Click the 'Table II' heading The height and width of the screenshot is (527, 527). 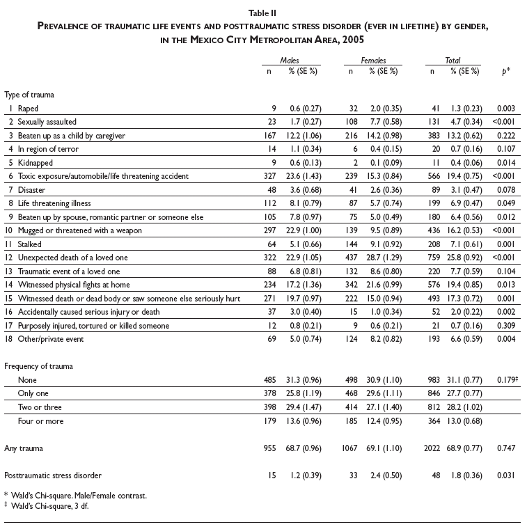264,12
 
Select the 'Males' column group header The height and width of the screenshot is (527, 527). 290,61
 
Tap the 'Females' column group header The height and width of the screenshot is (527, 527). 373,61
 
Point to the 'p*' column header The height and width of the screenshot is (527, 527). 505,71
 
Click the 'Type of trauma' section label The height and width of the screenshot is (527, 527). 29,95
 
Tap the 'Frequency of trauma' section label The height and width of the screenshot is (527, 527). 39,365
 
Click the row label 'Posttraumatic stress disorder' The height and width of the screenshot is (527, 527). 53,475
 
